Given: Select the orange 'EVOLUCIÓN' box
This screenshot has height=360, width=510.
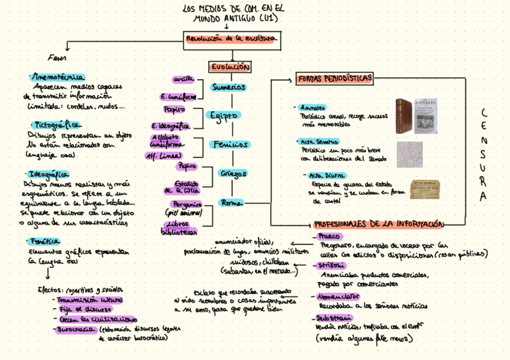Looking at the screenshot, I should click(230, 67).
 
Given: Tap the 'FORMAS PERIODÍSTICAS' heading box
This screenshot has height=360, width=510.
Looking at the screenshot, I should click(334, 79).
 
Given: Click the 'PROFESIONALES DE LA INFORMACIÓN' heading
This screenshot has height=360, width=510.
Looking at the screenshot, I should click(379, 224).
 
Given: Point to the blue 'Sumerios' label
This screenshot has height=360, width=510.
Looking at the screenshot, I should click(229, 87).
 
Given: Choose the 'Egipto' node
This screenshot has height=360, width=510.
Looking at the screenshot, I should click(225, 115).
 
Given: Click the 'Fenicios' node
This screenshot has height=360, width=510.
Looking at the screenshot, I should click(230, 144).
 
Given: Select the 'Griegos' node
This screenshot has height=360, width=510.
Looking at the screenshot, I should click(233, 173).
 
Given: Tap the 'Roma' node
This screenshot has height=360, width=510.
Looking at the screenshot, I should click(232, 203).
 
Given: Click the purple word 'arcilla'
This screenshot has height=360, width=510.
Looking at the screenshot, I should click(183, 79).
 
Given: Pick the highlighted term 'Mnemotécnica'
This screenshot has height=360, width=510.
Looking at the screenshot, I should click(58, 77).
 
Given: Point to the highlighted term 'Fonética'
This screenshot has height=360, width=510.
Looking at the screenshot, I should click(43, 241).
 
